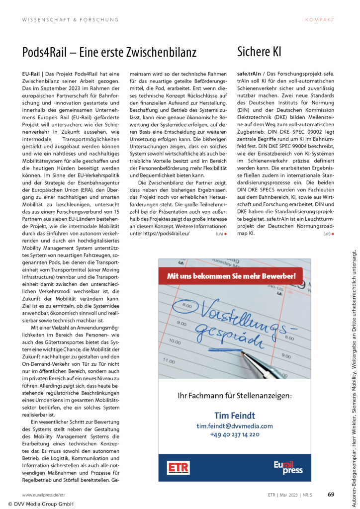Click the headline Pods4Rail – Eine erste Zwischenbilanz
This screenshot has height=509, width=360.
(x=109, y=52)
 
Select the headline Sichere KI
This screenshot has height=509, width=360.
(x=260, y=52)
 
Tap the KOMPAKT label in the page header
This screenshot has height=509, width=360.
(x=320, y=20)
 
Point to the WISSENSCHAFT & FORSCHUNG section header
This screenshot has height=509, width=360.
(x=71, y=20)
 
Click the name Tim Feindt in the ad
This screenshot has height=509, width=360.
(x=234, y=415)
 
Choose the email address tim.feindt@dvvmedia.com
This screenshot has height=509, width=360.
(x=234, y=426)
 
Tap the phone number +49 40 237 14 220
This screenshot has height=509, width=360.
(x=234, y=434)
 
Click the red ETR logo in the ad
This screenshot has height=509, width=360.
(x=179, y=468)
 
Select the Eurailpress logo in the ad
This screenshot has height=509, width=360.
(x=288, y=468)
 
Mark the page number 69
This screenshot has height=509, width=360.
(x=331, y=495)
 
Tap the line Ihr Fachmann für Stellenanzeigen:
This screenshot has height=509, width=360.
(x=234, y=396)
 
